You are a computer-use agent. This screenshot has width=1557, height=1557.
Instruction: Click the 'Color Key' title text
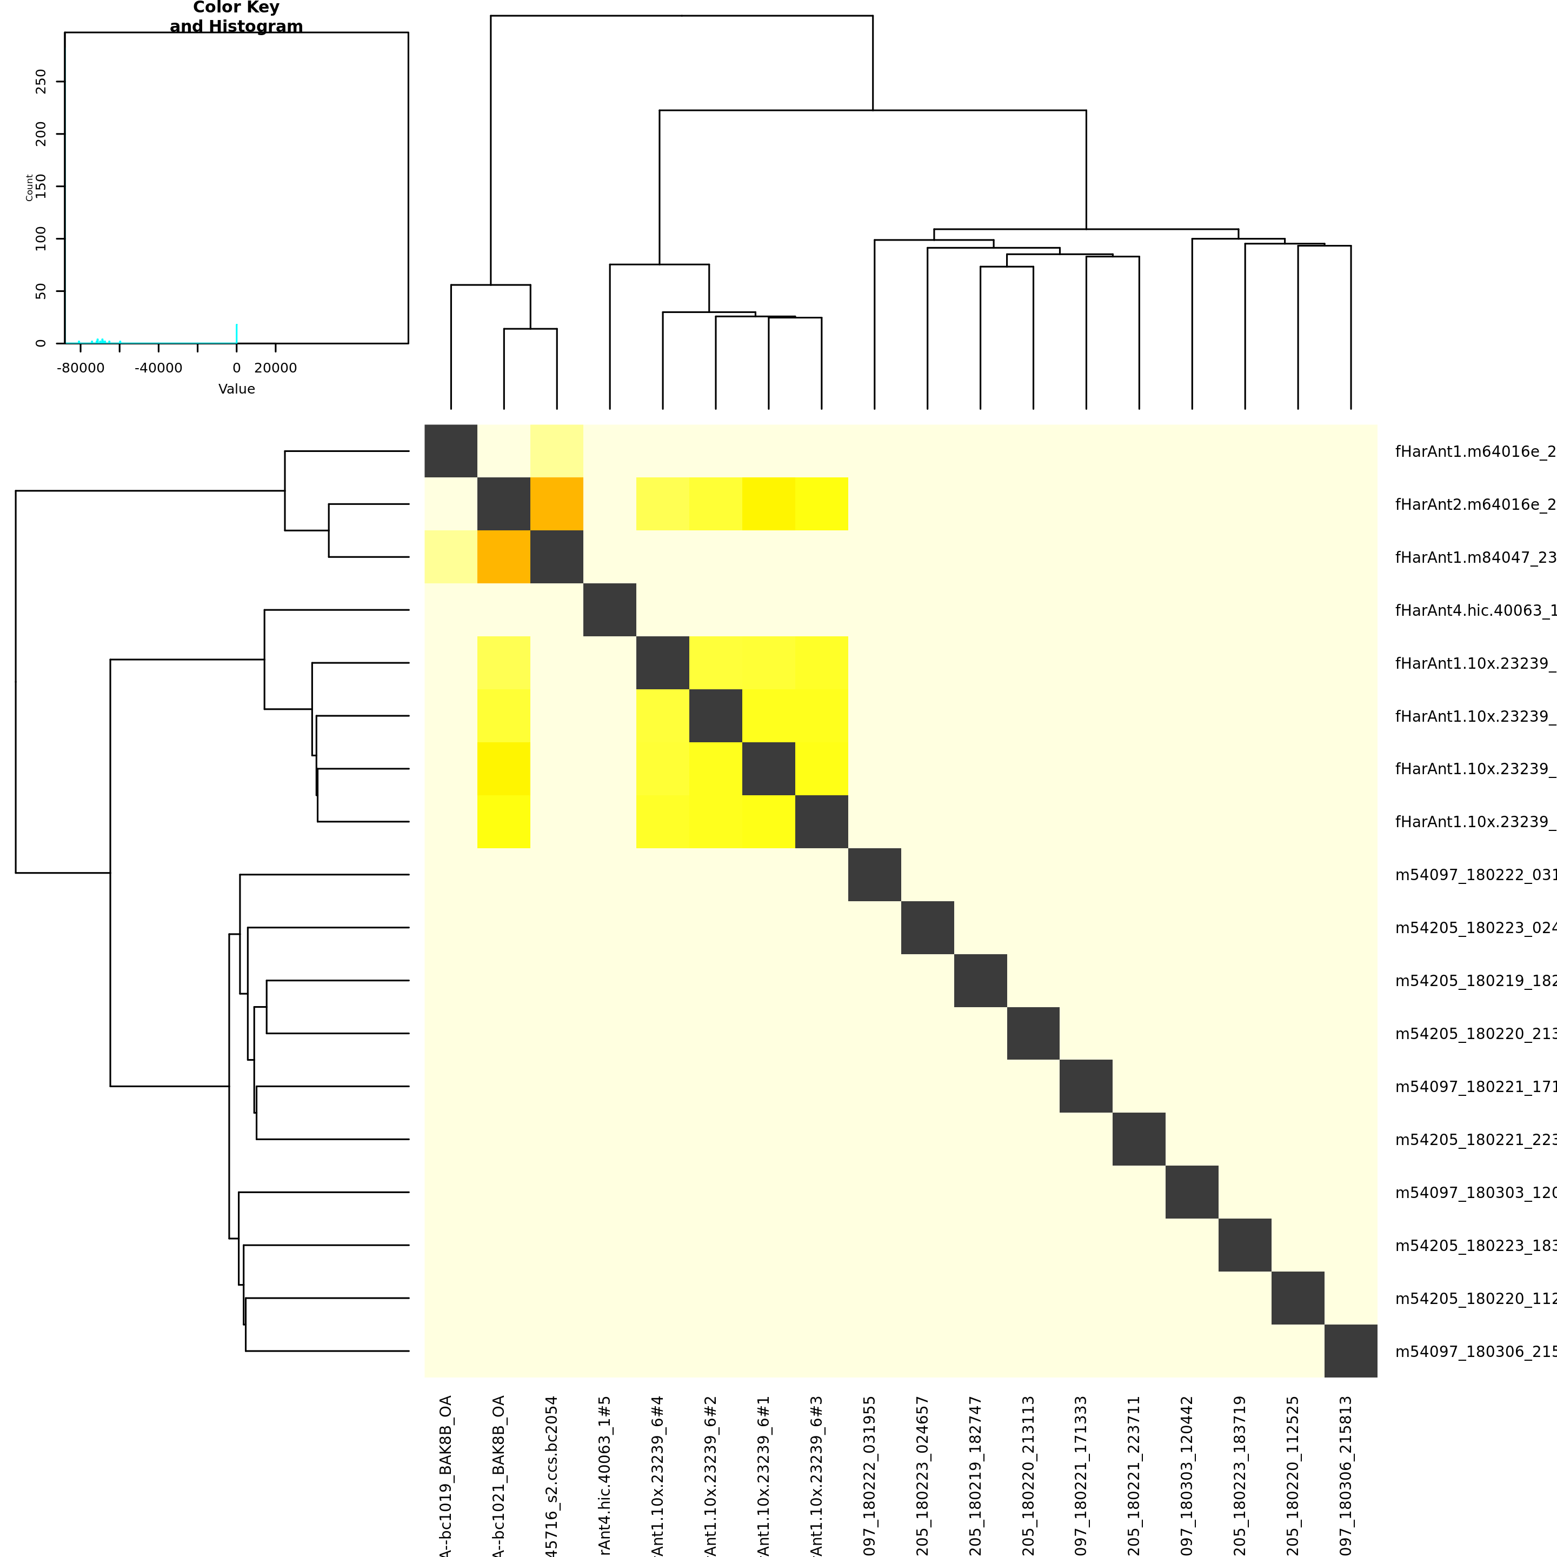pos(236,8)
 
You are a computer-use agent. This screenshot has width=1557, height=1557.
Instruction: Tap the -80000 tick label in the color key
pos(81,368)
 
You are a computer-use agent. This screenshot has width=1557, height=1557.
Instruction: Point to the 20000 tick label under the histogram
pos(276,368)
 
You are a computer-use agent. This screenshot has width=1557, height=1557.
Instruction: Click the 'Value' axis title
pos(236,389)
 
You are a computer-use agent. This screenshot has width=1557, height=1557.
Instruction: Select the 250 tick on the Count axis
pos(41,82)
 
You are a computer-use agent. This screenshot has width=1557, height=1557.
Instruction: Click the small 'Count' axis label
pos(30,187)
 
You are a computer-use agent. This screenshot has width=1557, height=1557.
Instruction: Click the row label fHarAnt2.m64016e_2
pos(1475,504)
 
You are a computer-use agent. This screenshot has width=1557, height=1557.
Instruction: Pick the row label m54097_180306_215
pos(1475,1352)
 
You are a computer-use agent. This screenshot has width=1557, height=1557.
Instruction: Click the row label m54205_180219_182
pos(1475,981)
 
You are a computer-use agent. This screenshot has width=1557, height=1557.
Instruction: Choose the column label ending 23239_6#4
pos(657,1475)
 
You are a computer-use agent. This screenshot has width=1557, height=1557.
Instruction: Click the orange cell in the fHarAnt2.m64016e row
pos(557,504)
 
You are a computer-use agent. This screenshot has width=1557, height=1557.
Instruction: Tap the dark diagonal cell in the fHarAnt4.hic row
pos(610,610)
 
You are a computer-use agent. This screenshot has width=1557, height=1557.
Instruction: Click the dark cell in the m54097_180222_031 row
pos(874,874)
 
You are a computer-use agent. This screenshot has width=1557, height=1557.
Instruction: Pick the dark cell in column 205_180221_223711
pos(1139,1139)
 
